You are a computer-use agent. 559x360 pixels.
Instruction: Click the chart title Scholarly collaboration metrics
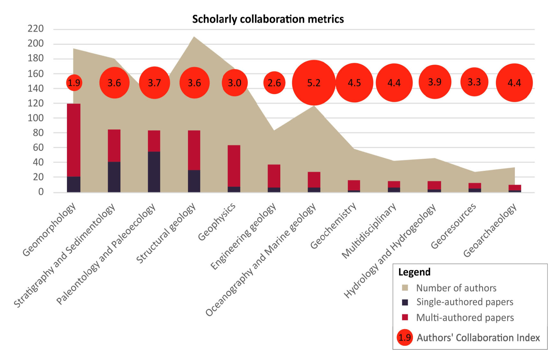(x=268, y=19)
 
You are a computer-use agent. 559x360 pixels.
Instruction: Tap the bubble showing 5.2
(x=314, y=83)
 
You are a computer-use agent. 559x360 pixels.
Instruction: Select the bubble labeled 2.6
(x=274, y=83)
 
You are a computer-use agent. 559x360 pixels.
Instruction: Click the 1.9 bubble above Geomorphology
(x=74, y=83)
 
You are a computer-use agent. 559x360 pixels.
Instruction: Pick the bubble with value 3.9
(x=434, y=82)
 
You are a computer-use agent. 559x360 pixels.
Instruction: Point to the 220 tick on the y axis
(x=35, y=29)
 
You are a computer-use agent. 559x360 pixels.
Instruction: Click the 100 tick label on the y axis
(x=35, y=118)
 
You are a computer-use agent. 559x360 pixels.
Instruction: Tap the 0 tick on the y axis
(x=41, y=192)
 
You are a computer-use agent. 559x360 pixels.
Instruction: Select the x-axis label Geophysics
(x=217, y=222)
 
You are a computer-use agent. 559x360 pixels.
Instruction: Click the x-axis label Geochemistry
(x=333, y=225)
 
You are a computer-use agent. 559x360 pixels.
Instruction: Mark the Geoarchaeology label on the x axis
(x=490, y=230)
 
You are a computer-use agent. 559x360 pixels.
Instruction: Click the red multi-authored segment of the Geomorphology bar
(x=74, y=140)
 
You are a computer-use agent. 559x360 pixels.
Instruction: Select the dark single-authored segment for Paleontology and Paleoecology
(x=154, y=172)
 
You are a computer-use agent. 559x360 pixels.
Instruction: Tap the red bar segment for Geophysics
(x=234, y=166)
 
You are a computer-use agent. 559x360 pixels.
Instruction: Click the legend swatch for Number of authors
(x=405, y=288)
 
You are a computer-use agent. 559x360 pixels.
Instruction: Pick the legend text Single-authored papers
(x=464, y=302)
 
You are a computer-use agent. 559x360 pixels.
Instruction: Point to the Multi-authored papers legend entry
(x=465, y=318)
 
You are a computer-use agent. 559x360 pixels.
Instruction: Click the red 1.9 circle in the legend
(x=405, y=337)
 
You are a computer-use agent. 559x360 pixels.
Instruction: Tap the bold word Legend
(x=414, y=272)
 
